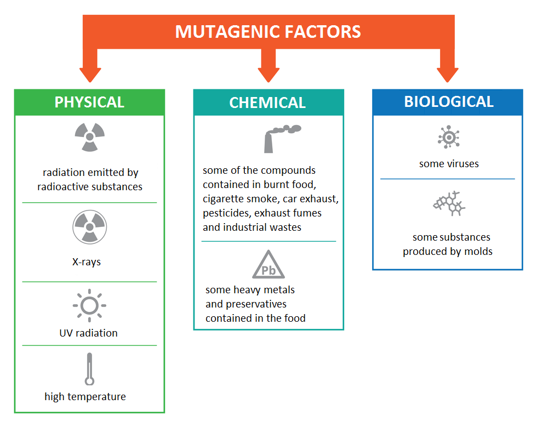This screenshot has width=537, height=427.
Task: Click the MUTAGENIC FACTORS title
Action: coord(268,31)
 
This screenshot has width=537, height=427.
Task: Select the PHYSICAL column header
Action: coord(89,102)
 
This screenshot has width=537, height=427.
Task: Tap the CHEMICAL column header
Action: coord(267,103)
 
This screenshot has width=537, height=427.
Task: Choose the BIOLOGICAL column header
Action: coord(449,101)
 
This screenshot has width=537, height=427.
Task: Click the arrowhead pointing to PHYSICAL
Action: coord(90,74)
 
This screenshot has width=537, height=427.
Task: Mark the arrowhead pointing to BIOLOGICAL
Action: coord(447,74)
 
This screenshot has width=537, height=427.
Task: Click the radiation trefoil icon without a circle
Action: coord(89,136)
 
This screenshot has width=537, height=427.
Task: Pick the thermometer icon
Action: coord(89,369)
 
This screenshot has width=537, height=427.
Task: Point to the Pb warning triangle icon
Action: coord(268,265)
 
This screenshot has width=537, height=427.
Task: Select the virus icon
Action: coord(448,137)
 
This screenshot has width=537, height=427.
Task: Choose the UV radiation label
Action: coord(88,333)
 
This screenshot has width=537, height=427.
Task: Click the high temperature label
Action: coord(85,396)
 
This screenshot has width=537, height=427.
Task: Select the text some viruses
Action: coord(449,163)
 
